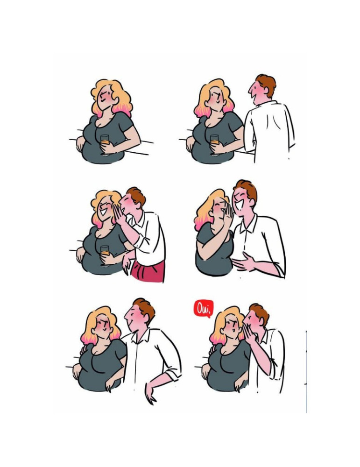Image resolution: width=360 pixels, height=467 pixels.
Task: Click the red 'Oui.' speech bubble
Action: coord(204,308)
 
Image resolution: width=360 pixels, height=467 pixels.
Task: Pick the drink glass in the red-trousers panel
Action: coord(105,251)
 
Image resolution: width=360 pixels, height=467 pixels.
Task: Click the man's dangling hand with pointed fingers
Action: coord(151,393)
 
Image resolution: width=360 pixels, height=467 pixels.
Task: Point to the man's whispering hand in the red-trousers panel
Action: coord(119,214)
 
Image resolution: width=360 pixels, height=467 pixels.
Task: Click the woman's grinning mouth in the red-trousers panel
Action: coord(104,212)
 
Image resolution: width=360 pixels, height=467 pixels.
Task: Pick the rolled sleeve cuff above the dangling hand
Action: coord(172,375)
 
